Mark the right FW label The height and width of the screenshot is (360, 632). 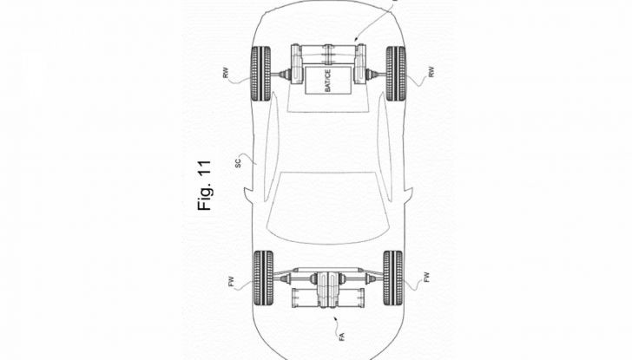point(427,278)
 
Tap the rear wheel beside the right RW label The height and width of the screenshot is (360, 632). point(395,73)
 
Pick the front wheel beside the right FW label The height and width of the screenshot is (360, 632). point(393,278)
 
